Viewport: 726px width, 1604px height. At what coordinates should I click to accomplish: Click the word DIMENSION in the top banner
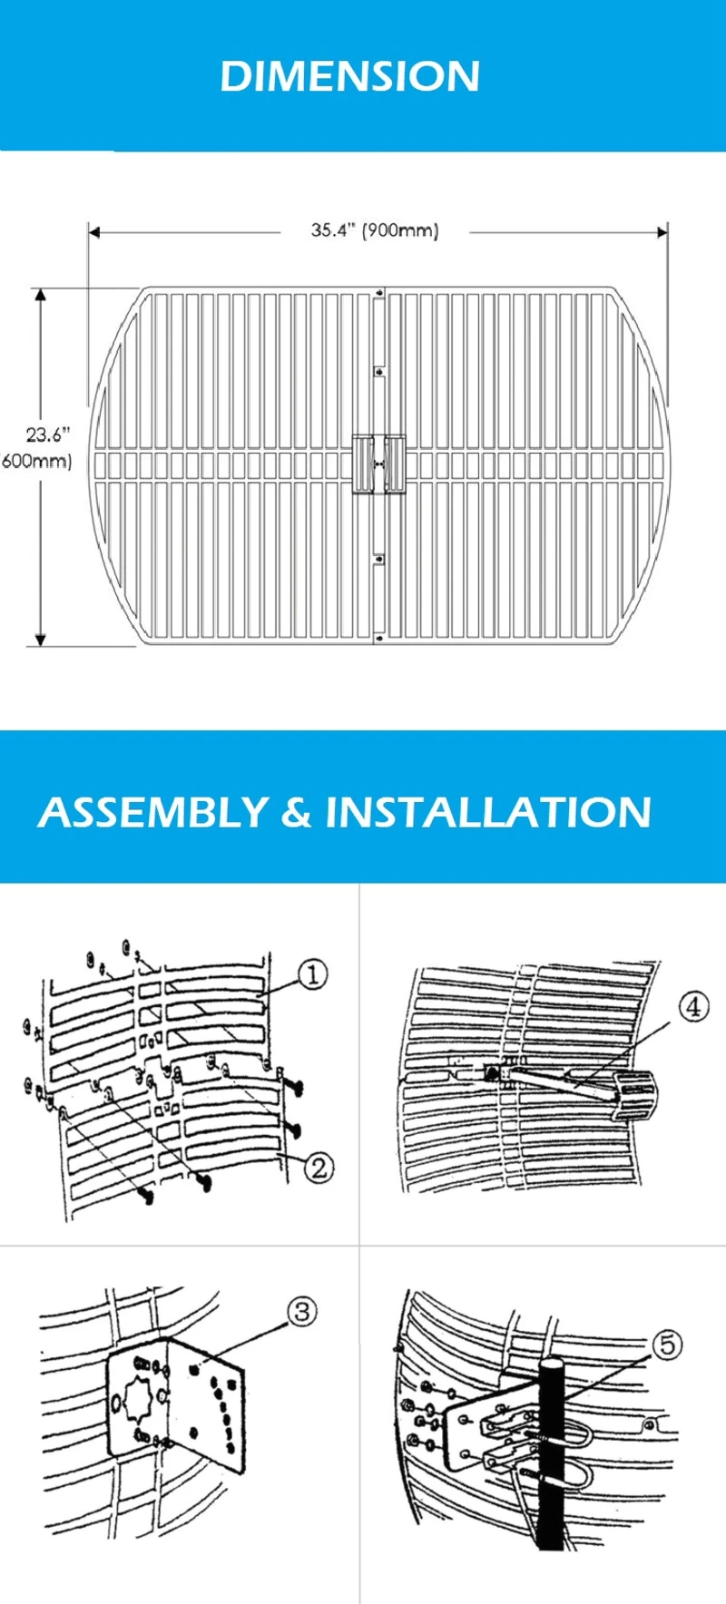point(349,76)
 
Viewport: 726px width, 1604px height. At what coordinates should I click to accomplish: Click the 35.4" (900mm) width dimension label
point(375,230)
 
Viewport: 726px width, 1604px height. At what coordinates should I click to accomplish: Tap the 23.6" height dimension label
point(47,435)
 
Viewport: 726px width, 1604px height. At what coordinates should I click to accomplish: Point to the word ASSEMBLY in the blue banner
point(152,812)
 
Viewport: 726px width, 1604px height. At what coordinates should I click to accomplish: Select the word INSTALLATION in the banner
point(488,812)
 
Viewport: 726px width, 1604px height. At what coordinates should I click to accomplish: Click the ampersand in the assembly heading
point(296,812)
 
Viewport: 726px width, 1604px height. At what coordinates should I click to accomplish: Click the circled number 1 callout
point(312,975)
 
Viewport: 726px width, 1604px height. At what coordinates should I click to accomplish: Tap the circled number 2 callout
point(319,1167)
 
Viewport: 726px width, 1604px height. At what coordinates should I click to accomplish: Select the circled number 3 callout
point(302,1311)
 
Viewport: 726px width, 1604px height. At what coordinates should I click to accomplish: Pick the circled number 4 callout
point(693,1006)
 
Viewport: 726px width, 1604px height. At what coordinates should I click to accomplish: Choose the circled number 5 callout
point(668,1344)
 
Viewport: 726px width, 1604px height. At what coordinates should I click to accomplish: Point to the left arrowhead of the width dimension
point(93,232)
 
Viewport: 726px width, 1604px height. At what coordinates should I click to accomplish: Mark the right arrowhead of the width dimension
point(662,232)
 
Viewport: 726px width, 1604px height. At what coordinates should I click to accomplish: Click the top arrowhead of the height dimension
point(40,295)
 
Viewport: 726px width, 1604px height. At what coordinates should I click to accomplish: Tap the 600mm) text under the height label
point(36,461)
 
